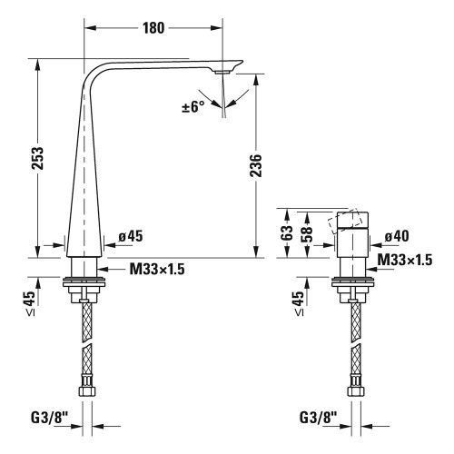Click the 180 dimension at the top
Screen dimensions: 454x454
(153, 27)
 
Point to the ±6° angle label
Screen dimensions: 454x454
(193, 107)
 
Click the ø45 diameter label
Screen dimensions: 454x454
(130, 236)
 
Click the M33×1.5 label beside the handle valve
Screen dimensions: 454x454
(404, 261)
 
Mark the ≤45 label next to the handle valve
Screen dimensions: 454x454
(301, 302)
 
